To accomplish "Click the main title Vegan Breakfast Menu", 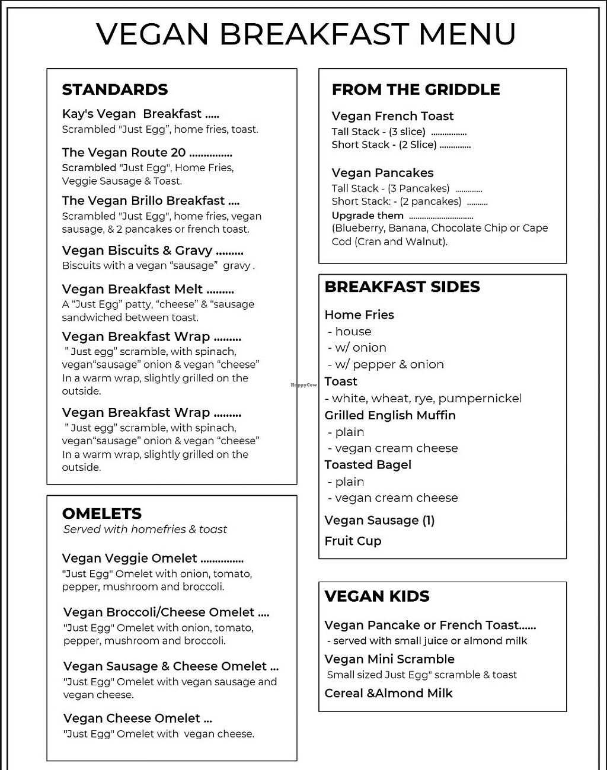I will [x=305, y=34].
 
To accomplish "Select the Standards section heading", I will [x=115, y=89].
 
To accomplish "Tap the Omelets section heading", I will [x=102, y=514].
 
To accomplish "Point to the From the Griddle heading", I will [x=416, y=89].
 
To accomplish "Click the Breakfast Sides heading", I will [x=402, y=287].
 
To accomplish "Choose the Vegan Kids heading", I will [x=377, y=596].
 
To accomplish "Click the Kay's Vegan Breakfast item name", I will [x=132, y=114].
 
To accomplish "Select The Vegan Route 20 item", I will [x=124, y=153].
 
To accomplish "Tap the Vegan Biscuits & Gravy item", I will [x=137, y=251].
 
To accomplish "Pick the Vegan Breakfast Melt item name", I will [x=132, y=289].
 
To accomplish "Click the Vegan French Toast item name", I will [x=392, y=116].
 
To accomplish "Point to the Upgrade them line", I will [x=368, y=216].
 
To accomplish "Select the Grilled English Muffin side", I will [x=390, y=415].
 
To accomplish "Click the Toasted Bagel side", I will [x=368, y=465].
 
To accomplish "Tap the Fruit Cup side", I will [x=353, y=541].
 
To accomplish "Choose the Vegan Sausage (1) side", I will [x=379, y=521].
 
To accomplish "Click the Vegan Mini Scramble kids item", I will [x=389, y=659].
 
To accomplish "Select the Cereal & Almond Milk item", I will [x=388, y=693].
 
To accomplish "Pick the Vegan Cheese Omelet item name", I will [x=132, y=718].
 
